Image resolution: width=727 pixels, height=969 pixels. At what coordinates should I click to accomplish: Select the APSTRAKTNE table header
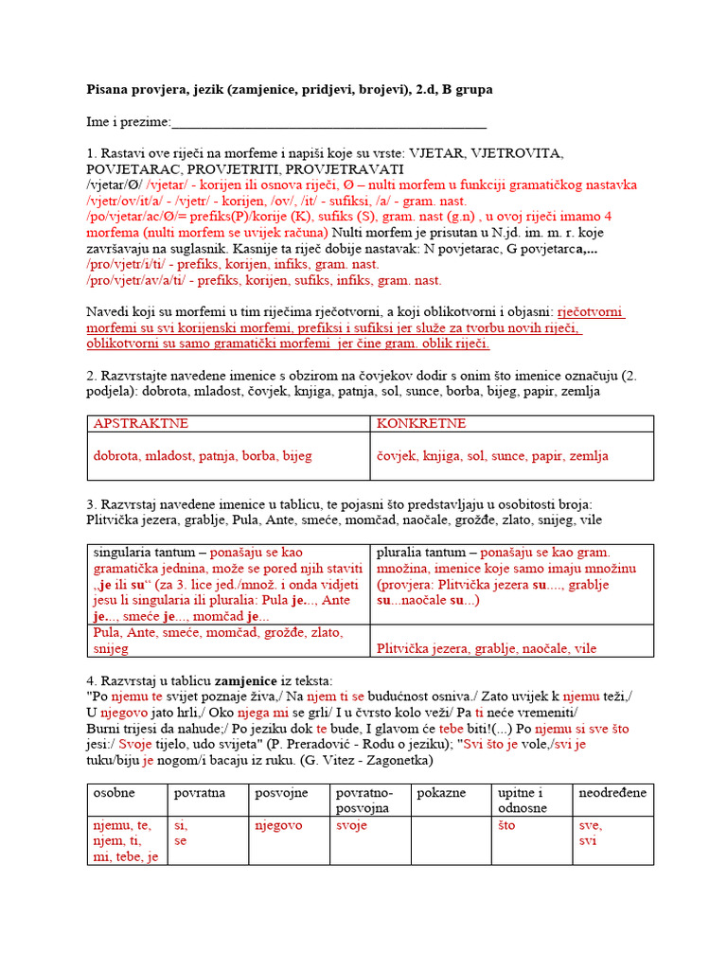click(141, 423)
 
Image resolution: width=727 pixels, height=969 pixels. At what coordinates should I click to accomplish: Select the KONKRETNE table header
click(415, 423)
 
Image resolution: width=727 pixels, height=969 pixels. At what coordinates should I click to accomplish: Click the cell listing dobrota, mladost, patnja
click(203, 455)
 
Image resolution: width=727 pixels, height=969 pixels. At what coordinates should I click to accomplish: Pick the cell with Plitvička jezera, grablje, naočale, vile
click(487, 648)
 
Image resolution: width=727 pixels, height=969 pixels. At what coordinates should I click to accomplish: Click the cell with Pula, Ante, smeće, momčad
click(218, 640)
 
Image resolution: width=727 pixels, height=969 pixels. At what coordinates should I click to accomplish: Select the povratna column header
click(200, 792)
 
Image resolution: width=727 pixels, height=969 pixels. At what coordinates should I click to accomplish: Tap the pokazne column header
click(441, 792)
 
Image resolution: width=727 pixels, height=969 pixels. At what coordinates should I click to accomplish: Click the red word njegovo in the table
click(278, 825)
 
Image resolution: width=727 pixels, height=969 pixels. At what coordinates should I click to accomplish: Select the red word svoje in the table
click(351, 825)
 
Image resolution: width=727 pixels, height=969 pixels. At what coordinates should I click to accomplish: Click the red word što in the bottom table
click(506, 825)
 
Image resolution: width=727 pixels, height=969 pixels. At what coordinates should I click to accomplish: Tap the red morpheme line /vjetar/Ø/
click(115, 185)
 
